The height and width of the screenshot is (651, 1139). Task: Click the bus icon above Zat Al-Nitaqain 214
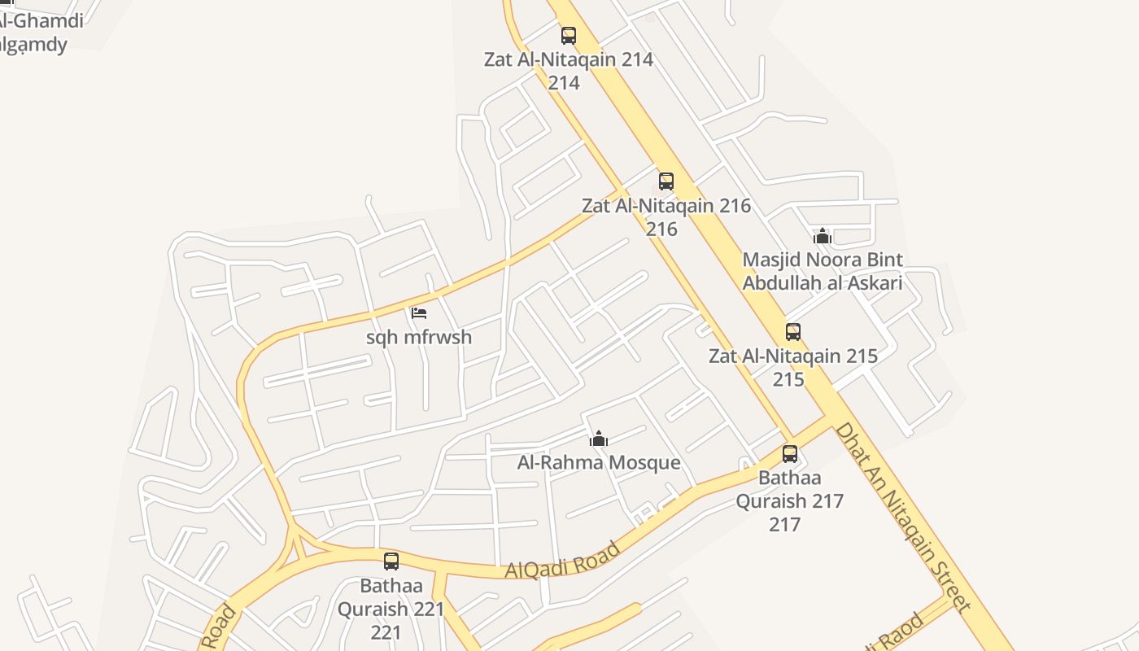568,36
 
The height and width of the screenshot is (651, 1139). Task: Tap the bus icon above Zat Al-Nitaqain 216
666,181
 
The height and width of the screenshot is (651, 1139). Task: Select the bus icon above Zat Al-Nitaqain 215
793,332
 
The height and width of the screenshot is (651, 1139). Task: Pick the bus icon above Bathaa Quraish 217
790,454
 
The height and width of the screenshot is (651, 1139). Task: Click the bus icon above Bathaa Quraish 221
391,561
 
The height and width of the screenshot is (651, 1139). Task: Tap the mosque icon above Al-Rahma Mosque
599,439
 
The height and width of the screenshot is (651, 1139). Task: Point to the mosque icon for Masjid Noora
823,236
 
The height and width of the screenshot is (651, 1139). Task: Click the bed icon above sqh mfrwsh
419,312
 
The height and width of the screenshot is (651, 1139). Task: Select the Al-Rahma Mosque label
599,463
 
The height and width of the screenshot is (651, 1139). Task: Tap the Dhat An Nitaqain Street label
902,516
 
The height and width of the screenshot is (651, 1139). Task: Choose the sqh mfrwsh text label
419,337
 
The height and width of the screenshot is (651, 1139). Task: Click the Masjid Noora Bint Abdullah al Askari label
823,272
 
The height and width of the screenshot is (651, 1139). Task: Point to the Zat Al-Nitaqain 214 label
568,59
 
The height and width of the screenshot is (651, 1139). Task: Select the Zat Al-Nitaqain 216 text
666,206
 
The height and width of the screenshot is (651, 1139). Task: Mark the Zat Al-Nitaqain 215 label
793,356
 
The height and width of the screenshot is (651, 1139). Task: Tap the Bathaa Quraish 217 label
790,489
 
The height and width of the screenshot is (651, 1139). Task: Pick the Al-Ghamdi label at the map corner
41,21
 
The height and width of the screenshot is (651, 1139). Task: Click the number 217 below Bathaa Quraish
785,524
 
